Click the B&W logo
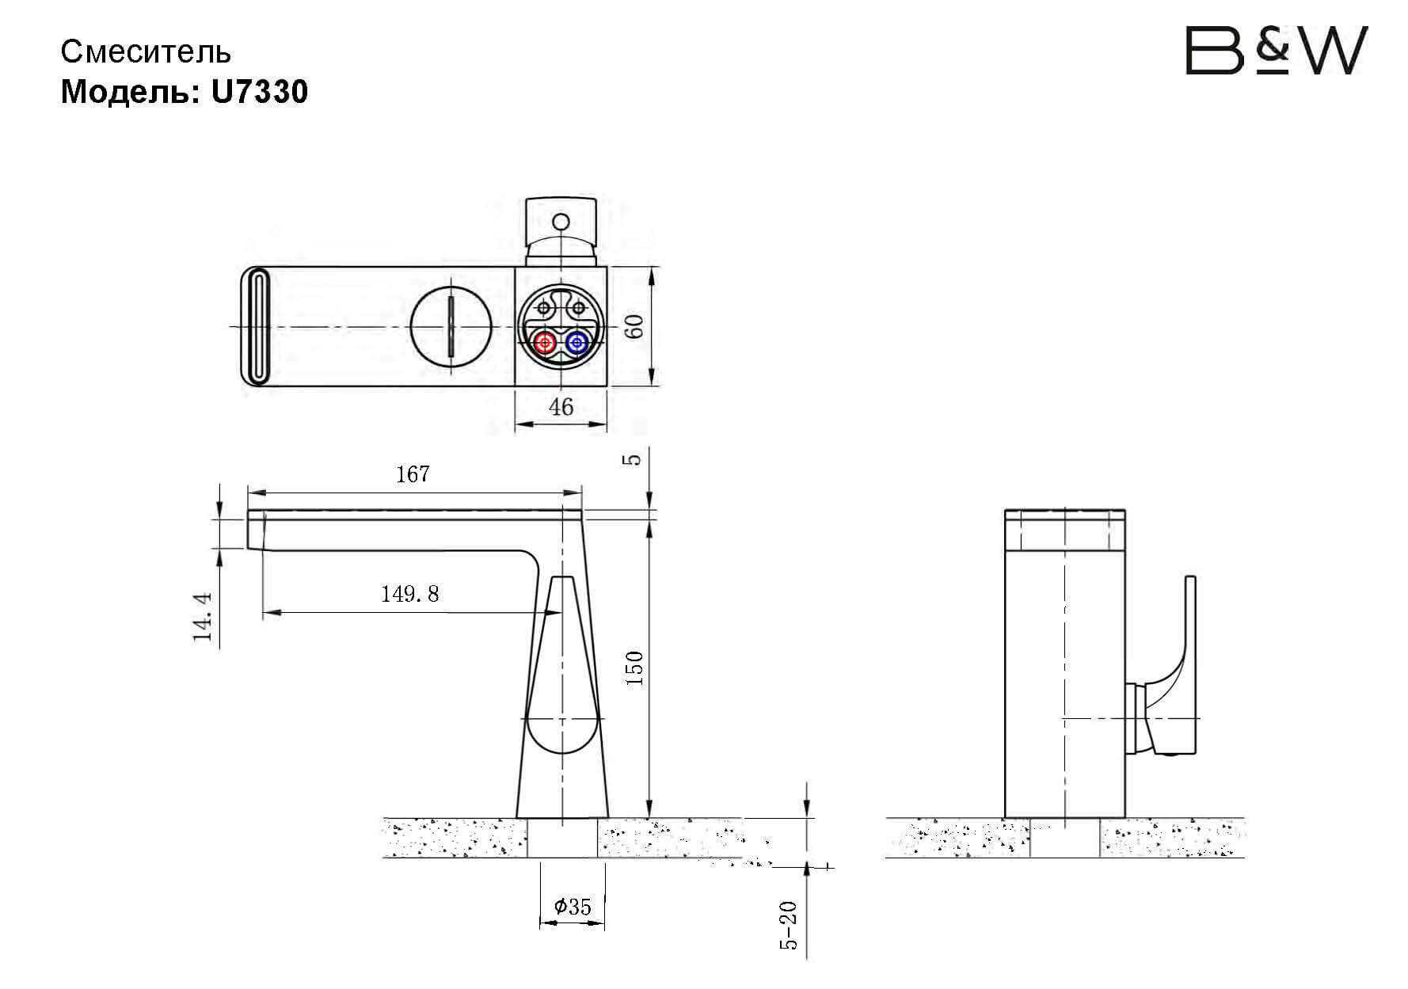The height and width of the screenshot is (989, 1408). [1276, 51]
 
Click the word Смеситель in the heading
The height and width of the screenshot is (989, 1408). [147, 52]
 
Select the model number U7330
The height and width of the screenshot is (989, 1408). [259, 92]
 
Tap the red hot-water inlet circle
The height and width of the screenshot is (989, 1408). [545, 343]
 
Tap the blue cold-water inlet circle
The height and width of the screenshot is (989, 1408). [577, 343]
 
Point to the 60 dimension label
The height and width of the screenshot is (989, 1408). [634, 326]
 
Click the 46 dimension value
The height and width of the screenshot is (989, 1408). [561, 407]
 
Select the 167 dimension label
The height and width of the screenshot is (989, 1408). [413, 474]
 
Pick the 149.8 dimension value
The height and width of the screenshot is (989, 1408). [409, 594]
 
